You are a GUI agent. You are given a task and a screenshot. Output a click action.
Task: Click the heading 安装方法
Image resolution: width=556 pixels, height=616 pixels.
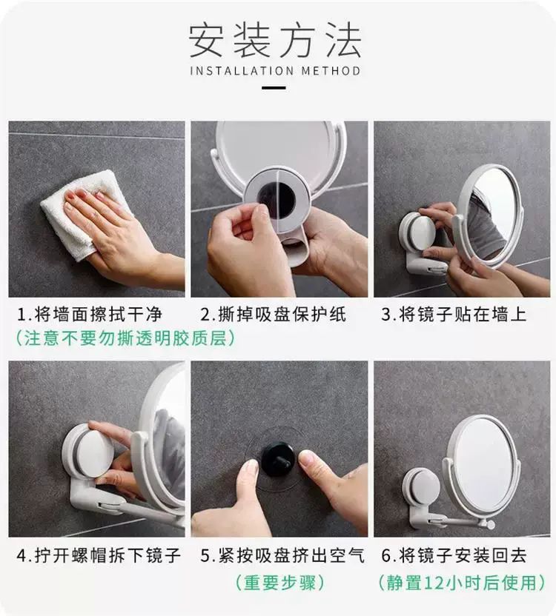pos(275,41)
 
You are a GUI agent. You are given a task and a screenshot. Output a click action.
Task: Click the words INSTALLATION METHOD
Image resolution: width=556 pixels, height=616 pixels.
pos(275,71)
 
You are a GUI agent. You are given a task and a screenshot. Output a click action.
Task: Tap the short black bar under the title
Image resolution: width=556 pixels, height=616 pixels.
pos(274,88)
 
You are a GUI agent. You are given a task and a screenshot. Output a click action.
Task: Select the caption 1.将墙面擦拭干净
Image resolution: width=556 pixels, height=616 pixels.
pos(90,315)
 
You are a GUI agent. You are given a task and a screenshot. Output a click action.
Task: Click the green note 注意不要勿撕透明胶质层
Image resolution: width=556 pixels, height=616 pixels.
pos(125,338)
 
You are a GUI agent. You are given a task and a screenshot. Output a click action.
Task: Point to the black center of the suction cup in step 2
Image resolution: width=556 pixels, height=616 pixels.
pos(277,198)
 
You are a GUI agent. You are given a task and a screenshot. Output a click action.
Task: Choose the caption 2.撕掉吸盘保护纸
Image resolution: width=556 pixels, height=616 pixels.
pos(273,315)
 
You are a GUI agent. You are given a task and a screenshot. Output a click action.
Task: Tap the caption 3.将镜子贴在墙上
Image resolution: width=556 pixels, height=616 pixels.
pos(454,315)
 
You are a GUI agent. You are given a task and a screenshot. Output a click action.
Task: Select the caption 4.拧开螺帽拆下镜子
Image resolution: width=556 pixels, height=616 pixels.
pos(99,555)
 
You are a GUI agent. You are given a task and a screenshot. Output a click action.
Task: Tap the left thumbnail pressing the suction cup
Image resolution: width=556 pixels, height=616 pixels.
pos(248,468)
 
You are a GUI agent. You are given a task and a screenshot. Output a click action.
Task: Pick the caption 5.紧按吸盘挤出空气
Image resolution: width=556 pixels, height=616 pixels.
pos(282,555)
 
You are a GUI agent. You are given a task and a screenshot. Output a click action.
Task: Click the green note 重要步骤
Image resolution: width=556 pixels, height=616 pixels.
pos(279,582)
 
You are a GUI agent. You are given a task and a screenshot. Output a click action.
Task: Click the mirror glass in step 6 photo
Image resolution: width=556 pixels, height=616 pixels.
pos(485,464)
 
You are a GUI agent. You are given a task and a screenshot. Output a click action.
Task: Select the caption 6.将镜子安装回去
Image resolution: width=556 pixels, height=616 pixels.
pos(454,555)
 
